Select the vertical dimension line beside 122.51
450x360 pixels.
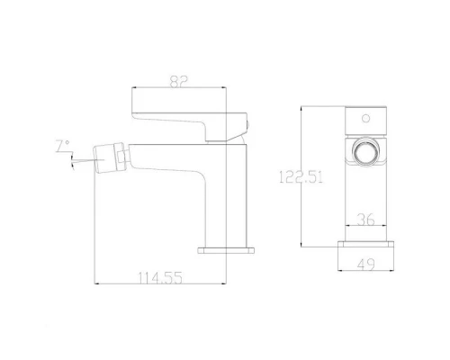301,178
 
